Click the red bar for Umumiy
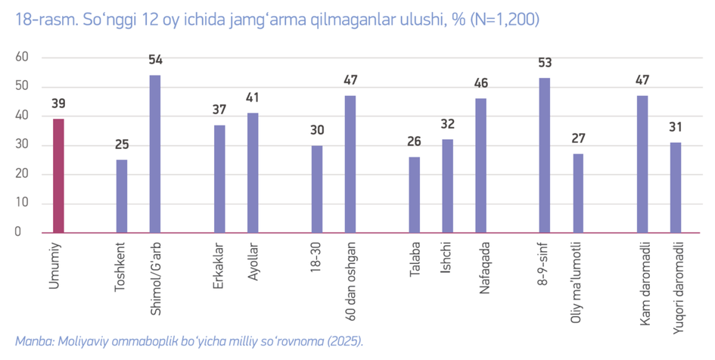(58, 175)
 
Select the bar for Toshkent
(122, 196)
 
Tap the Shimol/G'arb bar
(155, 154)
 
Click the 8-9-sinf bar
(545, 155)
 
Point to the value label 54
(155, 61)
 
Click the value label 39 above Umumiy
(58, 104)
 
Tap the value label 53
(545, 64)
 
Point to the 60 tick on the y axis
(22, 57)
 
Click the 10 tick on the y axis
(22, 203)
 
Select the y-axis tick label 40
(22, 116)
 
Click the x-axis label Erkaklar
(220, 264)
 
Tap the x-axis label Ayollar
(253, 262)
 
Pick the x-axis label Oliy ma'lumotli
(578, 282)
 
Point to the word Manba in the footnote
(33, 341)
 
